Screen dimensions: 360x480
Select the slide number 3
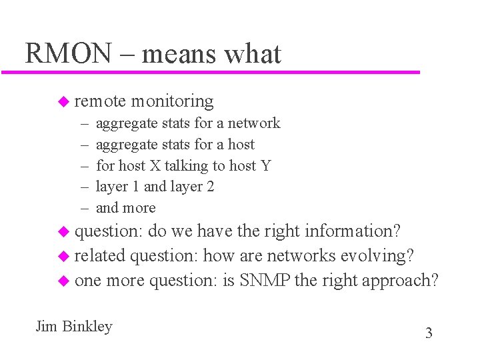(429, 333)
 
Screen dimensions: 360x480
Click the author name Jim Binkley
(74, 327)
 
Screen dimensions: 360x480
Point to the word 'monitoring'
(172, 101)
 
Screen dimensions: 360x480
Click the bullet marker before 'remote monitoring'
(63, 101)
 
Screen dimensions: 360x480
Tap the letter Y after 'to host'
(266, 165)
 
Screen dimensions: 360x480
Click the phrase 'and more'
(125, 207)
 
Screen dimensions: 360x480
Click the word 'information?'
(352, 231)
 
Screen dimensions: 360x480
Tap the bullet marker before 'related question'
(63, 256)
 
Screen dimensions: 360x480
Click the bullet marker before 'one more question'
(63, 281)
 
